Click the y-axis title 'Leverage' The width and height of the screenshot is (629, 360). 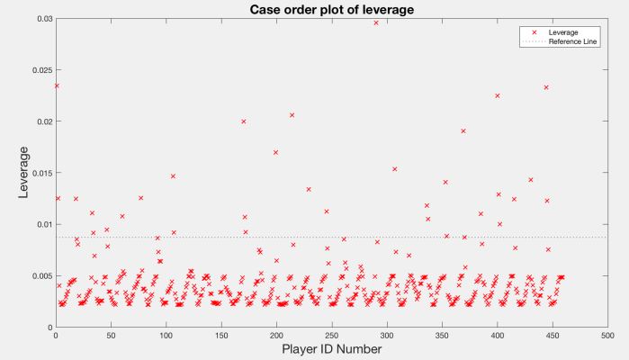(x=25, y=172)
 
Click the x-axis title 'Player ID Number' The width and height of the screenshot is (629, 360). (x=330, y=348)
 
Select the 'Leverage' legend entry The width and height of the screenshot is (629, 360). (x=562, y=32)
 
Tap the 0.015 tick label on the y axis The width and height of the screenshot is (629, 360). (x=40, y=173)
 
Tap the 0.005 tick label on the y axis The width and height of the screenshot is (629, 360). (x=40, y=275)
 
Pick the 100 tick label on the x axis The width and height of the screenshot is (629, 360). (x=166, y=336)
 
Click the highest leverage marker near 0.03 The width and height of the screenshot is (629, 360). (x=376, y=22)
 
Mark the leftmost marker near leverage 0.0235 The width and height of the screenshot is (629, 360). (x=57, y=85)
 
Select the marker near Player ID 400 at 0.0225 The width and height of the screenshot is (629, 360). (x=497, y=95)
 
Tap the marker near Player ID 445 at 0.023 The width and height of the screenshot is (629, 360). (x=546, y=87)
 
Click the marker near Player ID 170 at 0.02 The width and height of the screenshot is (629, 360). (x=244, y=121)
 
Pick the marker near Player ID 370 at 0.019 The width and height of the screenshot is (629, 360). (x=463, y=130)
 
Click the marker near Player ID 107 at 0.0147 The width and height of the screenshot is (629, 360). (x=173, y=175)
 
